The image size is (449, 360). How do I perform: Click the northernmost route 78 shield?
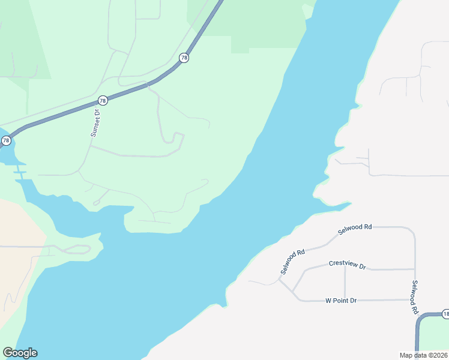click(184, 58)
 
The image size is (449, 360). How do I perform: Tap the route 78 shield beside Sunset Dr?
click(103, 100)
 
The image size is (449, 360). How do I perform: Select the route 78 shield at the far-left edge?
click(6, 140)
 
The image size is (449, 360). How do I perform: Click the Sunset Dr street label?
click(95, 123)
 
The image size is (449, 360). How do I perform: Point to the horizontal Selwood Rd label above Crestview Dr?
click(355, 227)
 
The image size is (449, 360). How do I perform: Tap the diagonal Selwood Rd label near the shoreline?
click(292, 262)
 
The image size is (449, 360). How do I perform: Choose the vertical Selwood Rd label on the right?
click(414, 298)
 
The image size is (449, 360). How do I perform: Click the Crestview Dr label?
click(347, 265)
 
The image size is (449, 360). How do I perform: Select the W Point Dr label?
click(341, 300)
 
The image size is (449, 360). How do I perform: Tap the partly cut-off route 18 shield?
click(445, 314)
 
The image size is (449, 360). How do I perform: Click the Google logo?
click(20, 353)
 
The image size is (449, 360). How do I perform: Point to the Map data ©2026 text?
click(424, 355)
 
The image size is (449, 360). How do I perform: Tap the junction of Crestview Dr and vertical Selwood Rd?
click(415, 269)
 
